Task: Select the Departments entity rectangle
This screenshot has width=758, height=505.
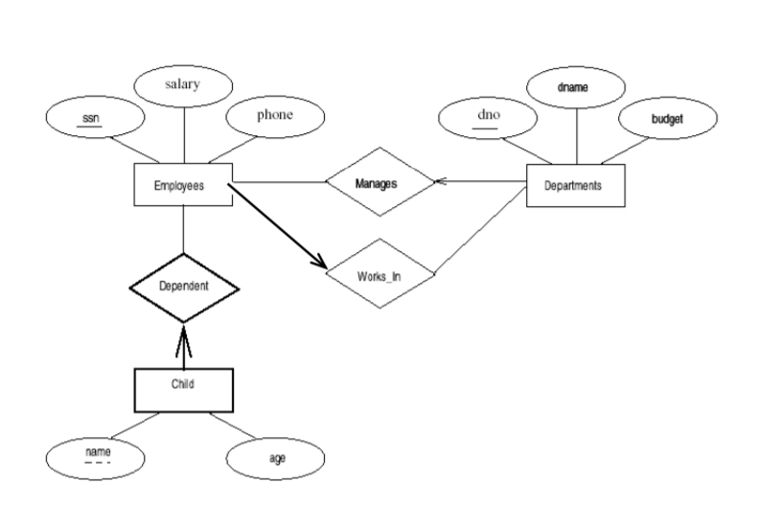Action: point(575,185)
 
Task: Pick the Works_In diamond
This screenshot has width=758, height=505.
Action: point(380,273)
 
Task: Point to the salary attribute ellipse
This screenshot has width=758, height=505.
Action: point(182,85)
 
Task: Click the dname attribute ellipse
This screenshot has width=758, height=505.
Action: point(576,88)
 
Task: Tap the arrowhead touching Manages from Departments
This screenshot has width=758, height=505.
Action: point(439,180)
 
